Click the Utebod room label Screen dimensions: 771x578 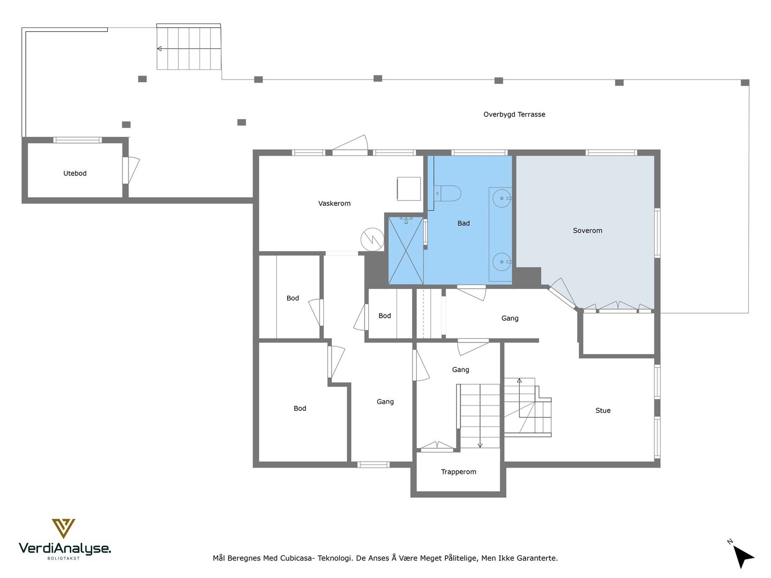click(75, 173)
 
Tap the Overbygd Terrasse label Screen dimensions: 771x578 click(514, 115)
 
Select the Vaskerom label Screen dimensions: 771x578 click(334, 204)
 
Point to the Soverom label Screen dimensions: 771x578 click(587, 231)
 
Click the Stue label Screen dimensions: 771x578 click(603, 410)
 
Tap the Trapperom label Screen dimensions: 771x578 click(459, 472)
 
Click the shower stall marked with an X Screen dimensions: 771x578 click(406, 250)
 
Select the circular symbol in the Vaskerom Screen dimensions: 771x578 click(372, 239)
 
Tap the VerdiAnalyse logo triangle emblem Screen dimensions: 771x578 click(64, 528)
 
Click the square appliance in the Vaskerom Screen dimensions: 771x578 click(409, 189)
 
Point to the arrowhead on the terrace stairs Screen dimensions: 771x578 click(159, 49)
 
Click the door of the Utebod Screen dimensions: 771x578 click(131, 170)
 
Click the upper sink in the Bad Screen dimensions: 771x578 click(502, 198)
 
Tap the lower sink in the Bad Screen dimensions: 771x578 click(502, 262)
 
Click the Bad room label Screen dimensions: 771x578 click(464, 223)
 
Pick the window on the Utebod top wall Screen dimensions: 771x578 click(78, 140)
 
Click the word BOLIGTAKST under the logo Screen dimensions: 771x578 click(64, 558)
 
